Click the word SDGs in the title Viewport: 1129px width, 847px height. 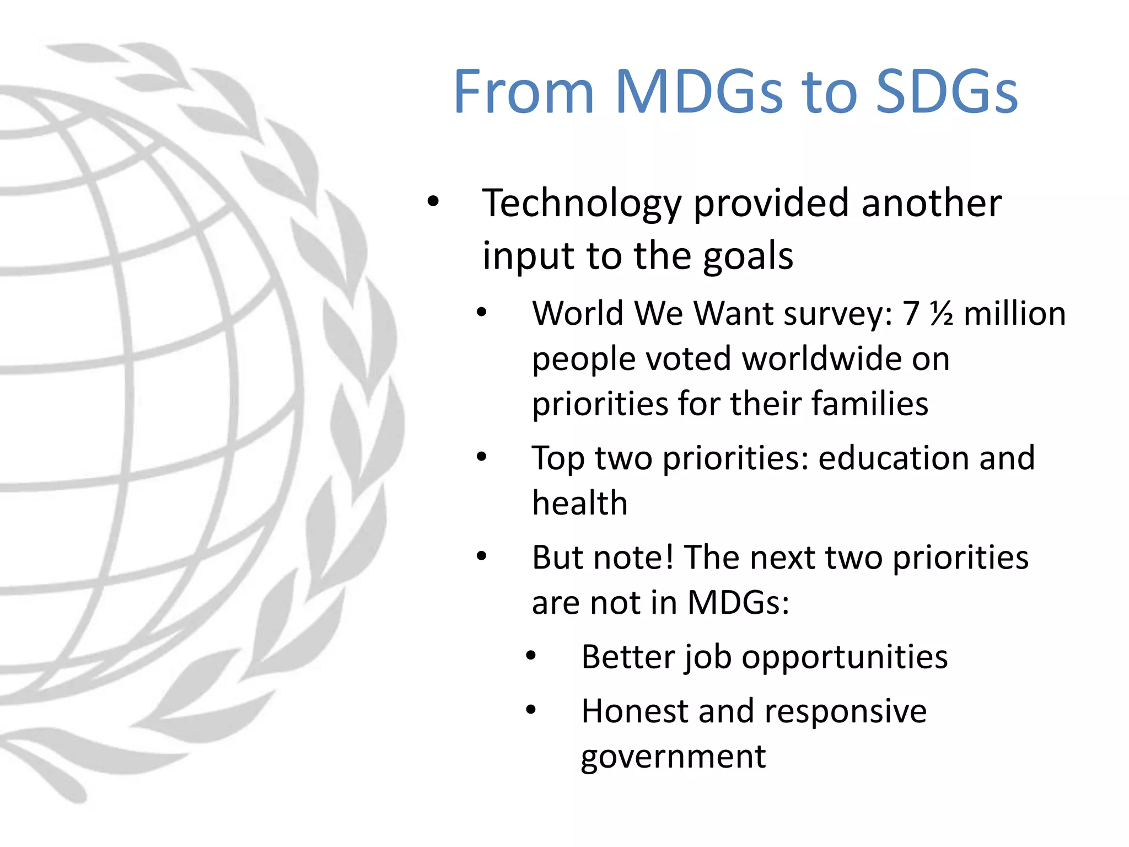tap(947, 92)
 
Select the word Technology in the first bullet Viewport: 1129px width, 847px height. tap(582, 204)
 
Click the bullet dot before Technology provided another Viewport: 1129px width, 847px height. tap(433, 202)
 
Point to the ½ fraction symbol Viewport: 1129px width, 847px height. tap(941, 314)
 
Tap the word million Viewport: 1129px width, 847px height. tap(1014, 314)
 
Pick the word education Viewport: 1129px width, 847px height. tap(893, 459)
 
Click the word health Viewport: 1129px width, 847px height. tap(579, 503)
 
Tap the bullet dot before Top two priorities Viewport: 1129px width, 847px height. tap(482, 457)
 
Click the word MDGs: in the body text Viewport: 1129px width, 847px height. tap(738, 603)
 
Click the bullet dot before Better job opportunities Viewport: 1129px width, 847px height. tap(531, 656)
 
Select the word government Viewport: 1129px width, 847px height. tap(673, 757)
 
